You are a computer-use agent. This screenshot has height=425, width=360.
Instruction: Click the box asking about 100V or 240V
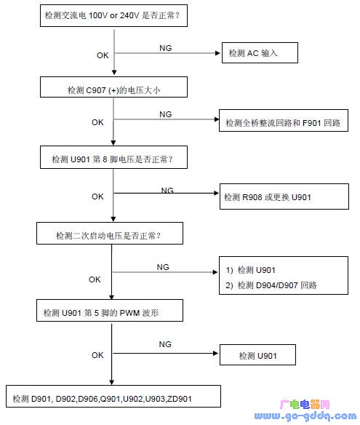click(113, 15)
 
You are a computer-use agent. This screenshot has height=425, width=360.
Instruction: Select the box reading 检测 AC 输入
click(260, 53)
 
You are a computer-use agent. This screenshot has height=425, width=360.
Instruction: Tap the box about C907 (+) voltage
click(113, 87)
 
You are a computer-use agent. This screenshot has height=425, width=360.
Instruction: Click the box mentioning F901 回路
click(284, 121)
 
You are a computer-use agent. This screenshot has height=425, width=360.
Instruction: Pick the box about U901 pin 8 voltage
click(113, 157)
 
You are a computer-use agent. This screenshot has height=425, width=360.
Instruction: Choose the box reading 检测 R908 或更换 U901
click(284, 196)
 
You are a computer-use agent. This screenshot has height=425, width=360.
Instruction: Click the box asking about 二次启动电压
click(110, 234)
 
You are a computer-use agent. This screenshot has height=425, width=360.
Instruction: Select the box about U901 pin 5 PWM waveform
click(110, 310)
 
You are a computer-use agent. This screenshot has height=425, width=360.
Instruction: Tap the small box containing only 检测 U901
click(257, 355)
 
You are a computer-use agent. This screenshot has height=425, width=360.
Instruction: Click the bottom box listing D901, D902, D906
click(113, 397)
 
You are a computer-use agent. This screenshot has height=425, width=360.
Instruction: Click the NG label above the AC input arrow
click(166, 48)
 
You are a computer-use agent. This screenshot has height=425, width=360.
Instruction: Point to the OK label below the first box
click(103, 55)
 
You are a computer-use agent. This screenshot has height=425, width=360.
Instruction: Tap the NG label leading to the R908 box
click(167, 190)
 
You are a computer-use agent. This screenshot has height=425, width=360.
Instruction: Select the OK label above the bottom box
click(97, 355)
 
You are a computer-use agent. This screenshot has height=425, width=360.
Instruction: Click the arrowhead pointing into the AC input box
click(217, 53)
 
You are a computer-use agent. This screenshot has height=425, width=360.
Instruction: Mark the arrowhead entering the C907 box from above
click(114, 72)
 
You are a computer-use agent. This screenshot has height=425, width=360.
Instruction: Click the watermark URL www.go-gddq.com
click(305, 416)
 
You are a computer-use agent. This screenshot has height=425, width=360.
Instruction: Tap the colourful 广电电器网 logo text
click(305, 405)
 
